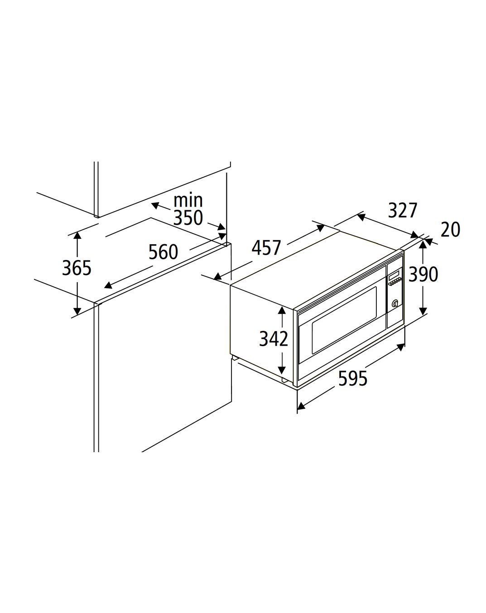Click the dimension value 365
(77, 268)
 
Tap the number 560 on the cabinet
(164, 252)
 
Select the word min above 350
(188, 200)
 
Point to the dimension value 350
(188, 218)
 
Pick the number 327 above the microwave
(403, 210)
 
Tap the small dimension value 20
(450, 230)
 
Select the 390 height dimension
(423, 275)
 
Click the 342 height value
(273, 338)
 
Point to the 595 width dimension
(353, 378)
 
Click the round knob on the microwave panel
(395, 303)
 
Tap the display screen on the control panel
(394, 275)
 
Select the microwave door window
(344, 319)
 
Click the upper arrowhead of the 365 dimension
(77, 236)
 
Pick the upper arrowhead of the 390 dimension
(423, 244)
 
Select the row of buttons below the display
(395, 282)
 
